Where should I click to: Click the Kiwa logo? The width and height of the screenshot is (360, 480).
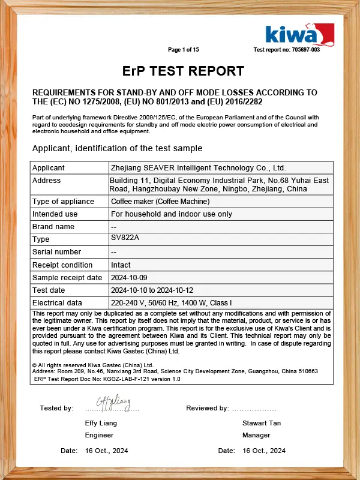coord(299,35)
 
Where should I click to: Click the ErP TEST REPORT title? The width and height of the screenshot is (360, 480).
coord(183,71)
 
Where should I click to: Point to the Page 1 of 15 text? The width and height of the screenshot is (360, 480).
coord(183,50)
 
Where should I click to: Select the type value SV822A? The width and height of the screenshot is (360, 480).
coord(124,238)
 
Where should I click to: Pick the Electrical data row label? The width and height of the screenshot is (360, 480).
coord(57,303)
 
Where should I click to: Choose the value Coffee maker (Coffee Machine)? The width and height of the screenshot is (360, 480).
coord(160,202)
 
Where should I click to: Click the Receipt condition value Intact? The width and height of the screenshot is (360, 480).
coord(121,265)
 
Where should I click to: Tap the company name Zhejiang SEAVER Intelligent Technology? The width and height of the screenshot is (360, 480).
coord(198,168)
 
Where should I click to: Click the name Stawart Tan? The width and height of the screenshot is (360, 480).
coord(262,423)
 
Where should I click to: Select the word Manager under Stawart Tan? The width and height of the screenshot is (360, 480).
coord(256,435)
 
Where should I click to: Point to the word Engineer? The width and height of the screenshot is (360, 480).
coord(99,435)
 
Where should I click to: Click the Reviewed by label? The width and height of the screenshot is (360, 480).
coord(208,408)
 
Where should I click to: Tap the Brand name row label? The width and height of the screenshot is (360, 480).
coord(53,227)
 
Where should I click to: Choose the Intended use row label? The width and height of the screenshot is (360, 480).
coord(55,214)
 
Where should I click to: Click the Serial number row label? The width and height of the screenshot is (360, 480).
coord(56,252)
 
